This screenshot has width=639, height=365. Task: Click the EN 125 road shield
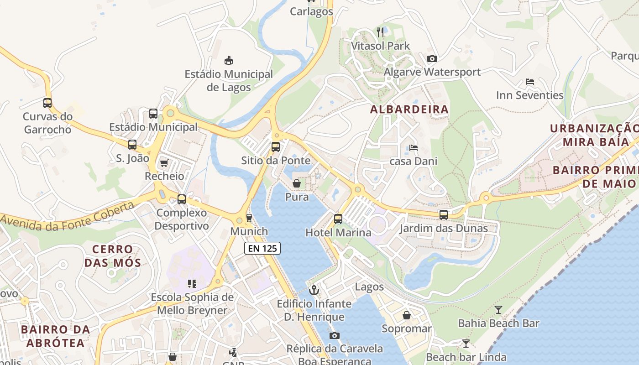click(262, 248)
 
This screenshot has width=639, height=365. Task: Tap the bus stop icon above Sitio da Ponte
click(276, 146)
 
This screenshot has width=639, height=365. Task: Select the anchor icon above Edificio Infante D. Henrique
click(314, 290)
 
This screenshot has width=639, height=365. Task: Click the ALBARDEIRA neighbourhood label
click(409, 109)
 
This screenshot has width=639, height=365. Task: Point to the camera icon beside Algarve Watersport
click(432, 58)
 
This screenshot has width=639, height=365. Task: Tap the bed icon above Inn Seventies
click(529, 82)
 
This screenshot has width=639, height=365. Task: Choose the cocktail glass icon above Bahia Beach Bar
click(498, 310)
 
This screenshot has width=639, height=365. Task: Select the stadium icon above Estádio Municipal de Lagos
click(229, 60)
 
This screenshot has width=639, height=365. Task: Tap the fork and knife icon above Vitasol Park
click(380, 32)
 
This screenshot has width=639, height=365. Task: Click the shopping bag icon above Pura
click(297, 183)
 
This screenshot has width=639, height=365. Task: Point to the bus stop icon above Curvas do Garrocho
click(47, 103)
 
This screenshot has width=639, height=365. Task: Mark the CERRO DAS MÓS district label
click(112, 256)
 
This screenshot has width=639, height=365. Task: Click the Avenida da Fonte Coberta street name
click(68, 216)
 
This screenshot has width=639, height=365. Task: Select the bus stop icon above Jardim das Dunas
click(443, 214)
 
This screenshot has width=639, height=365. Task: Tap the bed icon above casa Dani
click(413, 147)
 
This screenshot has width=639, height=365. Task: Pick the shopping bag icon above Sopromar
click(406, 315)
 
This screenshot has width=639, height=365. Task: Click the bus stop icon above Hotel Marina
click(338, 219)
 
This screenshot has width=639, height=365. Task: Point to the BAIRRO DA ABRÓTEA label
click(55, 336)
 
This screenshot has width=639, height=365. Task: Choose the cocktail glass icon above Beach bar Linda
click(466, 344)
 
